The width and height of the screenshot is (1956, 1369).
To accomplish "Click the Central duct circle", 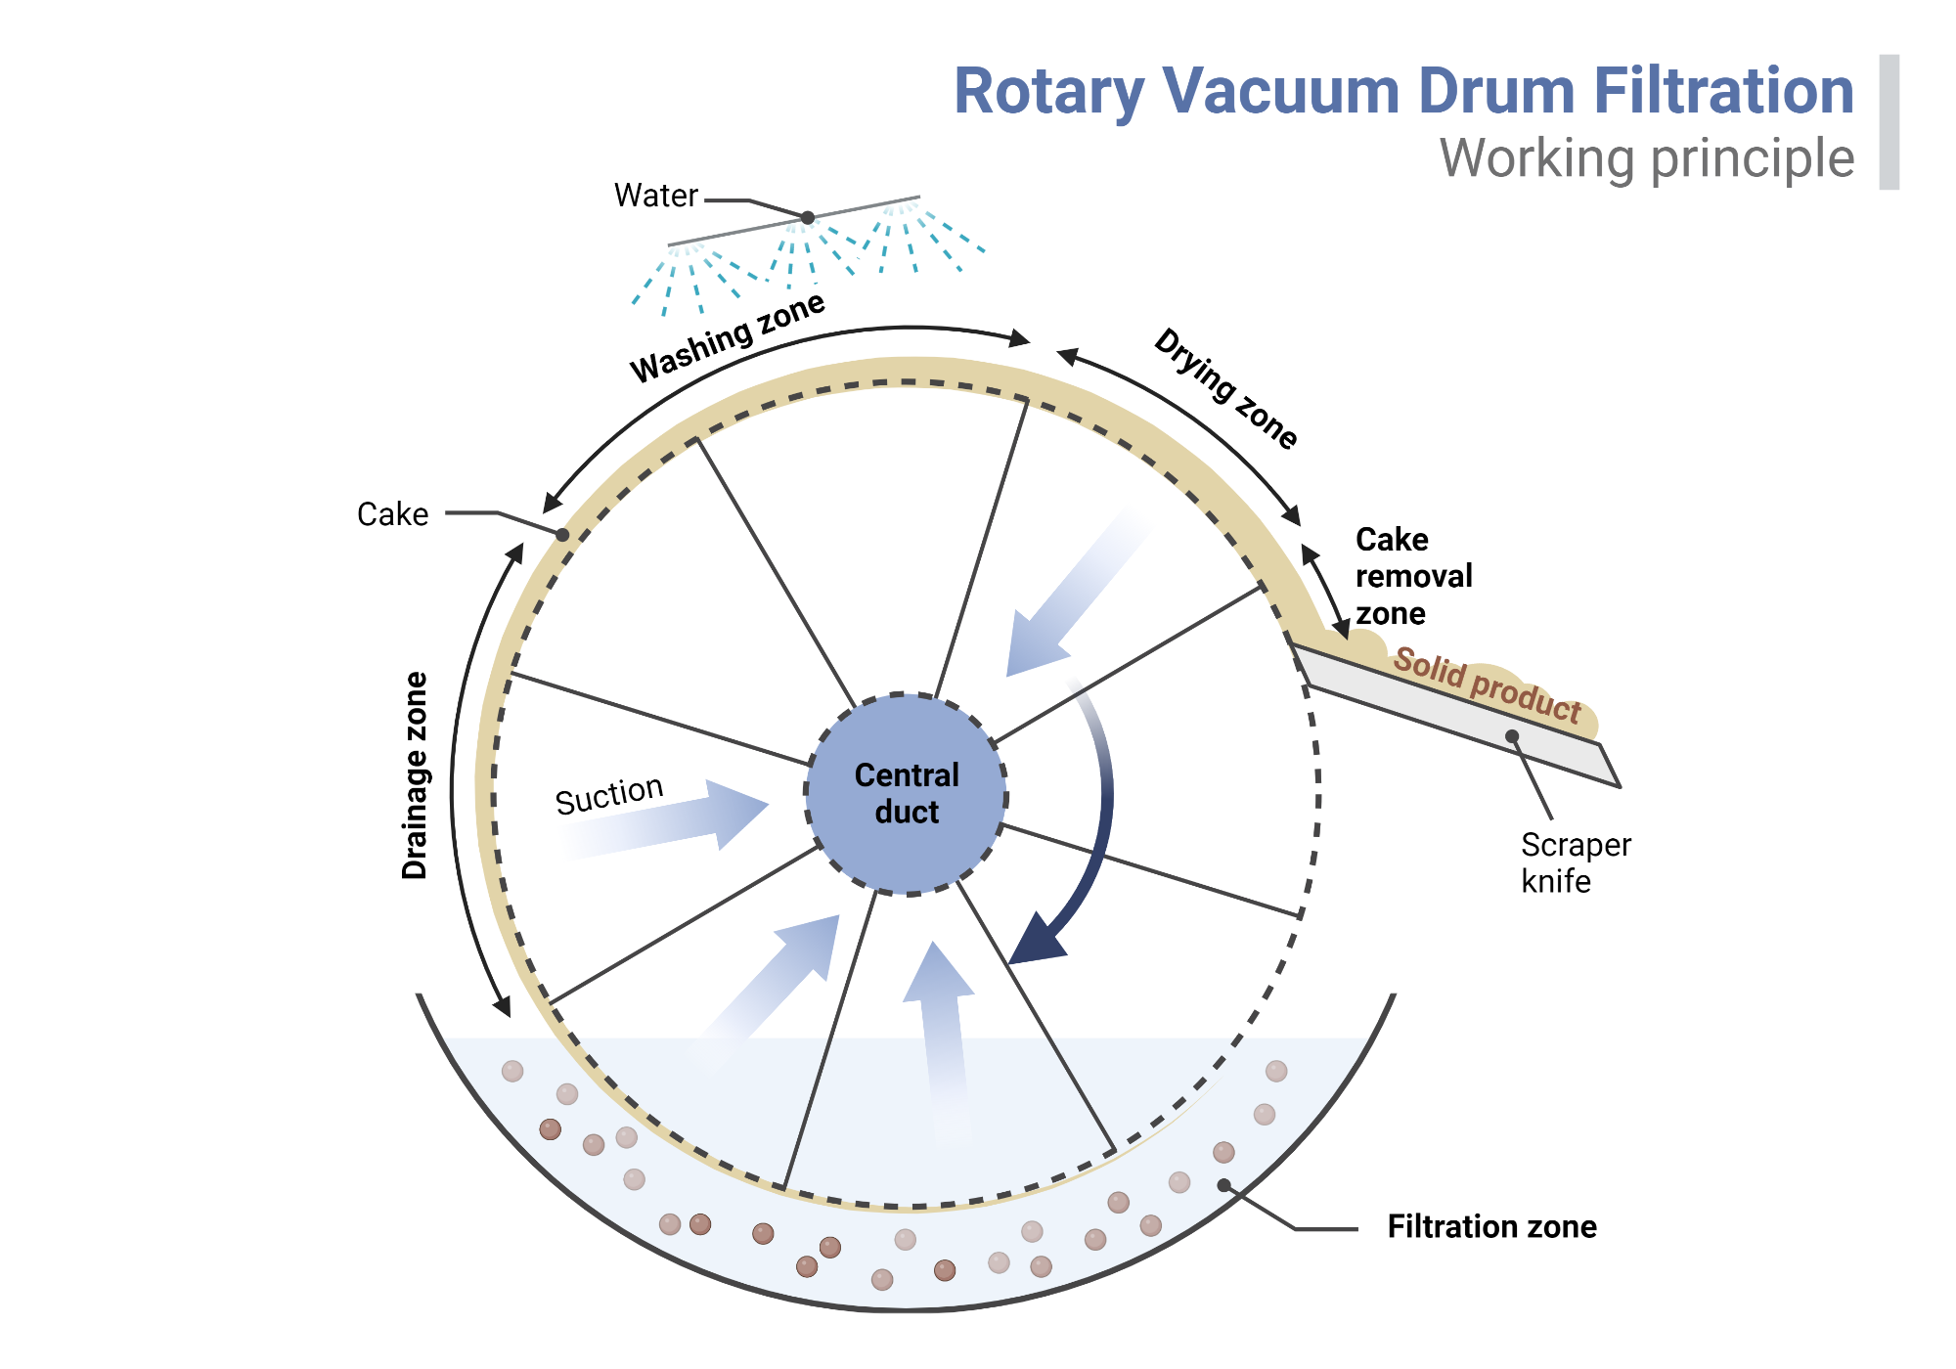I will [x=907, y=794].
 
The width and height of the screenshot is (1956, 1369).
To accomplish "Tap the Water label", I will [x=655, y=196].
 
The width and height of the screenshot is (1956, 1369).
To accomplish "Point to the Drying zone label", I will [x=1226, y=388].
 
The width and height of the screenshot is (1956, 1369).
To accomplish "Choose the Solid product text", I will [x=1487, y=685].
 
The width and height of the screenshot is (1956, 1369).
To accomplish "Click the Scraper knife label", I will [x=1575, y=862].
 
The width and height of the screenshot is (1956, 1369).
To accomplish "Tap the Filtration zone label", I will [x=1491, y=1226].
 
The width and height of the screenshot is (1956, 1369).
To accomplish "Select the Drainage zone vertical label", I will [x=416, y=775].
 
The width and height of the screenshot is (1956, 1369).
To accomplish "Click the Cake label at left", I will [x=392, y=514].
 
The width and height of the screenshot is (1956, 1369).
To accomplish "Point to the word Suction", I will [x=608, y=794].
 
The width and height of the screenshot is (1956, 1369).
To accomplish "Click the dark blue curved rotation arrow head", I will [x=1037, y=943].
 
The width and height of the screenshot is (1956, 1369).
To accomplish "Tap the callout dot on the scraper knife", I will [x=1512, y=736].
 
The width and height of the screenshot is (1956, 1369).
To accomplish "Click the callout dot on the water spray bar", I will [x=808, y=217].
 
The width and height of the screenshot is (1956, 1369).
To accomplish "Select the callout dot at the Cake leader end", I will [x=562, y=535].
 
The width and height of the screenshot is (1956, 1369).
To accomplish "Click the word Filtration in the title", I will [x=1723, y=91].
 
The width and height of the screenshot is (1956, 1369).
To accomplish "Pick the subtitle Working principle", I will [x=1646, y=158].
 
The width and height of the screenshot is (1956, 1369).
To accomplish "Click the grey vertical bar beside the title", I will [x=1889, y=122].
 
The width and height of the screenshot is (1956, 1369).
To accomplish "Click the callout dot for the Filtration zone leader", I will [x=1223, y=1185].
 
